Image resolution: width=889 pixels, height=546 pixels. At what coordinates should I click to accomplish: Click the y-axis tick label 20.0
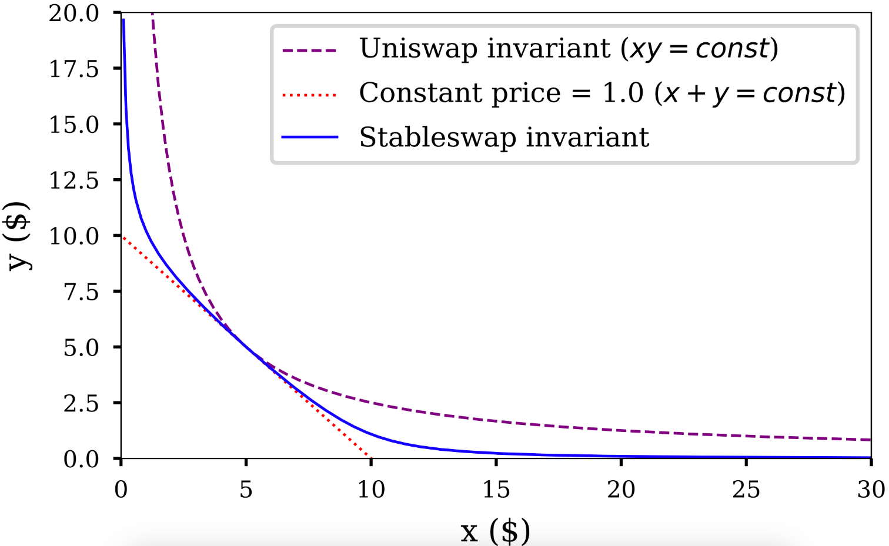[74, 13]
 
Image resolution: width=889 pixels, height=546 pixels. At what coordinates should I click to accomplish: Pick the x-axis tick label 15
[496, 490]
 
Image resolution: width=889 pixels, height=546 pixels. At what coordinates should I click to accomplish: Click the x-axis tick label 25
[746, 490]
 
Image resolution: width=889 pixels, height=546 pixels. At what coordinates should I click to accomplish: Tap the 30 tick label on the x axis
[871, 490]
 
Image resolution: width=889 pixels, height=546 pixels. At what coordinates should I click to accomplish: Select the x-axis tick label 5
[246, 490]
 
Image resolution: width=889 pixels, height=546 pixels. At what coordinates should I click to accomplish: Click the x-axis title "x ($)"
[495, 531]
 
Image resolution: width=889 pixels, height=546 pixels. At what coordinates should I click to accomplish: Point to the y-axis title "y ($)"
[19, 235]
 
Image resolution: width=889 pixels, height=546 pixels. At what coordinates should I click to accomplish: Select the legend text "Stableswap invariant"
[504, 138]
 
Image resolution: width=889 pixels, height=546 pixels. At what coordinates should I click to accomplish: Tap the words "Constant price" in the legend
[460, 93]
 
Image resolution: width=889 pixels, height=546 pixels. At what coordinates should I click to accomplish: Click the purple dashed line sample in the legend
[309, 51]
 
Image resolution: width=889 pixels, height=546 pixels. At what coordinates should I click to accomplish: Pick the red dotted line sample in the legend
[309, 95]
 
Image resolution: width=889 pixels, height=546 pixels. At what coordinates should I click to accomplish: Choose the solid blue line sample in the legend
[309, 138]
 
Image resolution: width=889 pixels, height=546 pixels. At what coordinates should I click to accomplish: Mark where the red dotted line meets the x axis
[371, 457]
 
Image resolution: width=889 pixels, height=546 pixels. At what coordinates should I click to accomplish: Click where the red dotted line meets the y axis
[122, 236]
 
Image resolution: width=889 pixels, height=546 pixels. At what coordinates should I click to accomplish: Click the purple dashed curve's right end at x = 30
[870, 440]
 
